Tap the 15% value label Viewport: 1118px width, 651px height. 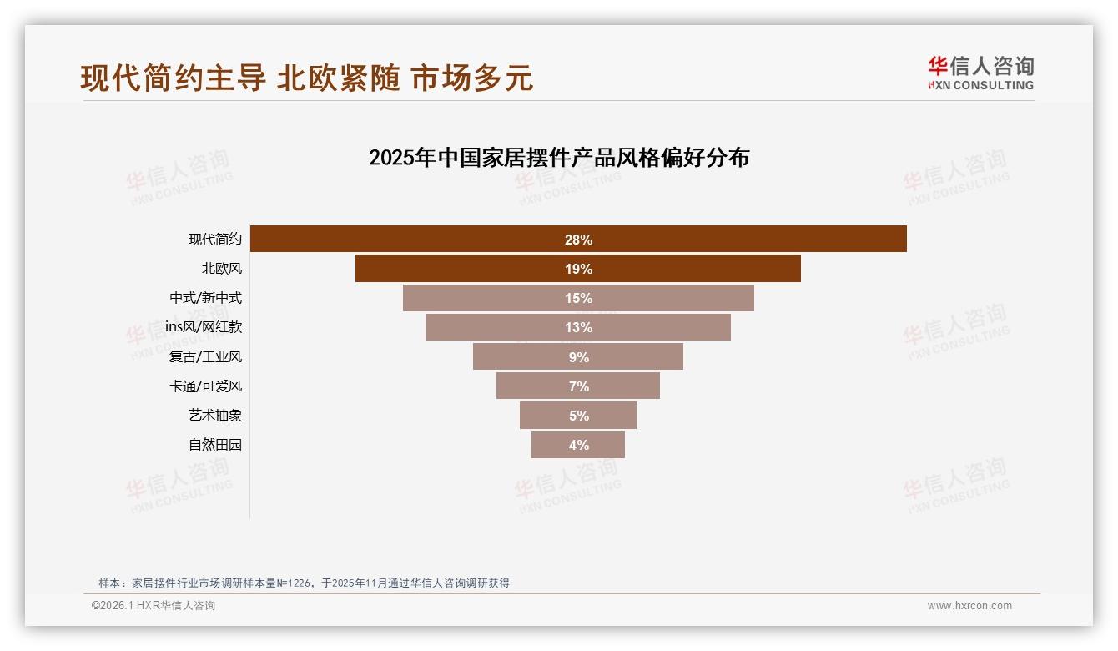[578, 299]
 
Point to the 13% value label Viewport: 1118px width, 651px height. [578, 328]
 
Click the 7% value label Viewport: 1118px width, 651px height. [578, 386]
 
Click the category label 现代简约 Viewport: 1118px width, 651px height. [214, 240]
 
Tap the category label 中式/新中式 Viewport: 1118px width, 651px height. [205, 298]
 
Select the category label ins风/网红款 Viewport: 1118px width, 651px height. [203, 327]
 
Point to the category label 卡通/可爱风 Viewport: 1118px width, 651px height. [205, 386]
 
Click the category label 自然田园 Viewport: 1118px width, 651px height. [214, 445]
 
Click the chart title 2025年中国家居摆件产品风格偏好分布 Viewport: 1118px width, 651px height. [559, 158]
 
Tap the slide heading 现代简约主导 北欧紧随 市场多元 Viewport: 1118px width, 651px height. [306, 78]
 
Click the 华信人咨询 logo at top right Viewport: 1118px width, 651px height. [980, 73]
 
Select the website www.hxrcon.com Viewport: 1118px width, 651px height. [969, 606]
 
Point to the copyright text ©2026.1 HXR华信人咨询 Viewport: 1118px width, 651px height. [154, 606]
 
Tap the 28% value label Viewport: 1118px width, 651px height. [578, 240]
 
